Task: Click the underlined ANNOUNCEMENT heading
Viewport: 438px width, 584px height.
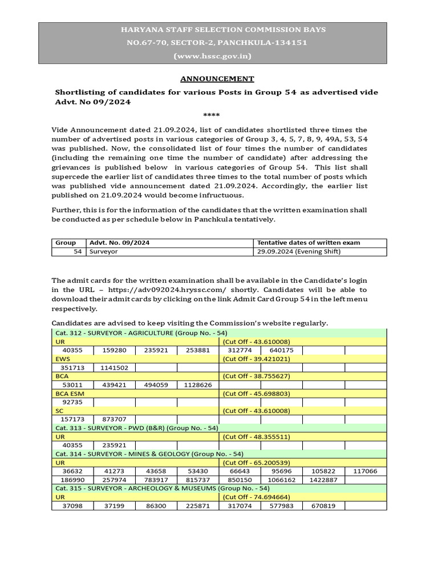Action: tap(217, 79)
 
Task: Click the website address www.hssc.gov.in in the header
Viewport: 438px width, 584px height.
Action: tap(212, 56)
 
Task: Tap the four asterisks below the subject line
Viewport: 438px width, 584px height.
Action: tap(212, 115)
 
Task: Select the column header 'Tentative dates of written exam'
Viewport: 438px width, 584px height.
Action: tap(309, 242)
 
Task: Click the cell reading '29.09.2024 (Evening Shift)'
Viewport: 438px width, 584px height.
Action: tap(299, 252)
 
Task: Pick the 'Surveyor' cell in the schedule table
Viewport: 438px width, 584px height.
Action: tap(103, 252)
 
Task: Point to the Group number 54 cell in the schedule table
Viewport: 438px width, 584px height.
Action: tap(78, 252)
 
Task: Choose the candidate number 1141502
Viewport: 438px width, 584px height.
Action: tap(114, 368)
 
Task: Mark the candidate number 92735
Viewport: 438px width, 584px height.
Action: tap(72, 402)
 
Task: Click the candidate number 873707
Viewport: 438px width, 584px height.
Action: tap(114, 419)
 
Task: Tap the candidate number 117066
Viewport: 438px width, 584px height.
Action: tap(365, 471)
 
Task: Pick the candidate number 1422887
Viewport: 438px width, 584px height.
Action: tap(323, 480)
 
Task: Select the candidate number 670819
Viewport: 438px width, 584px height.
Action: tap(323, 505)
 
